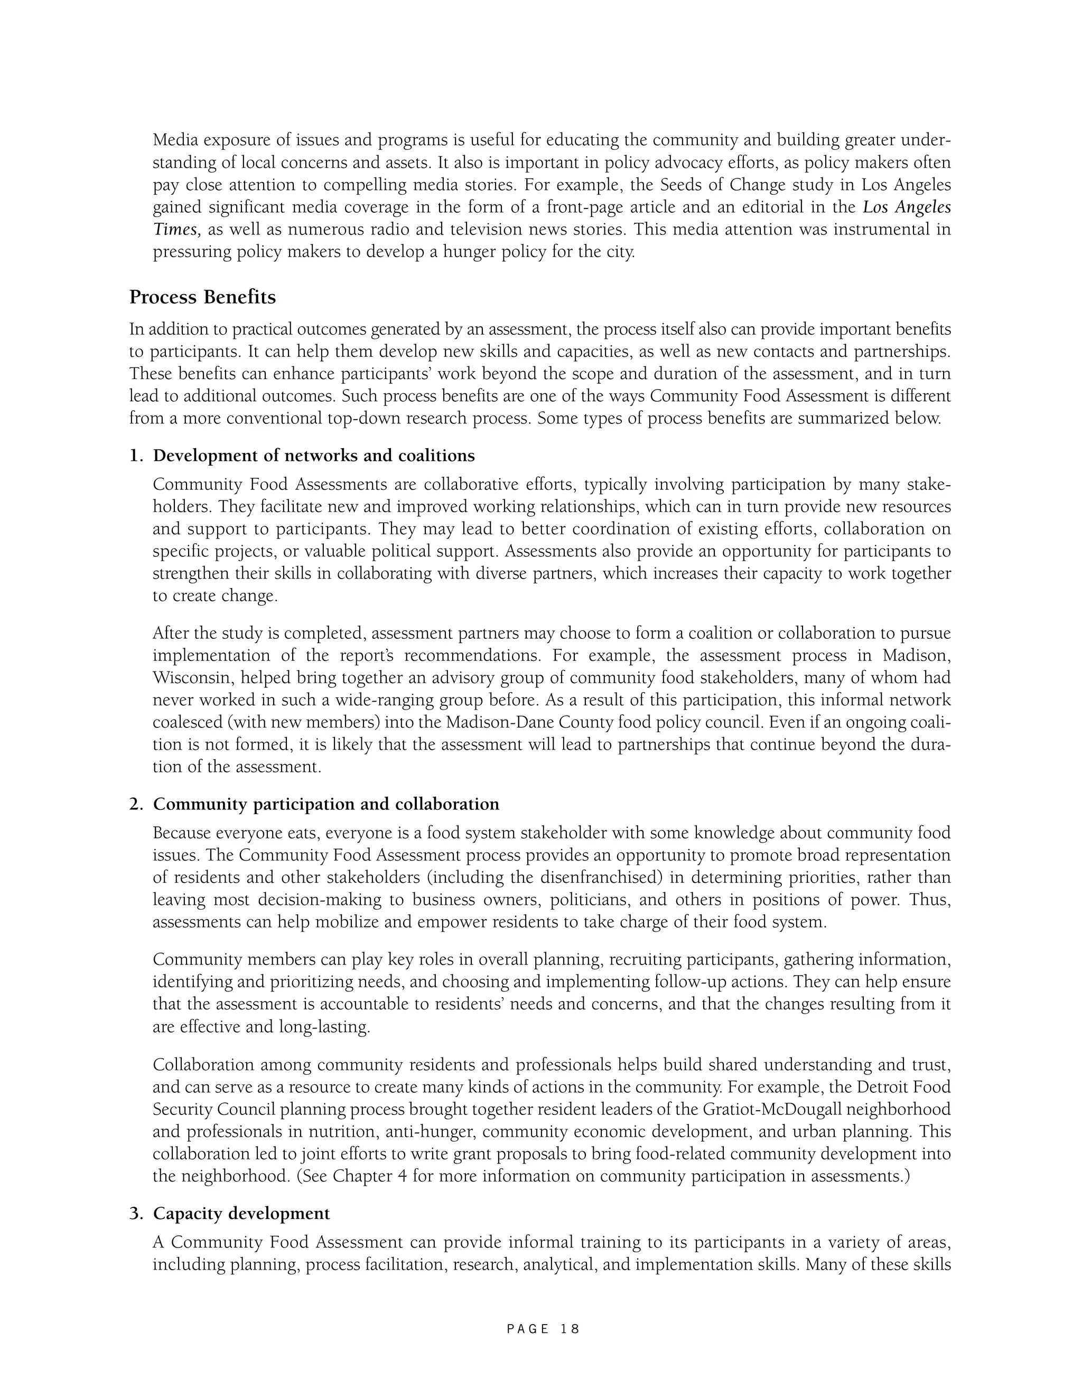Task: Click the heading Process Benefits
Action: point(202,297)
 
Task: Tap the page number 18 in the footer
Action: point(569,1329)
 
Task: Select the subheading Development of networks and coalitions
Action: point(313,456)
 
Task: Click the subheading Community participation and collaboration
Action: point(325,804)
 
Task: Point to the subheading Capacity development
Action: point(241,1213)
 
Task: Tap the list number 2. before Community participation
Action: point(136,804)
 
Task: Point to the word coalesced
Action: point(184,723)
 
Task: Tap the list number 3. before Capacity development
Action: point(136,1213)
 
